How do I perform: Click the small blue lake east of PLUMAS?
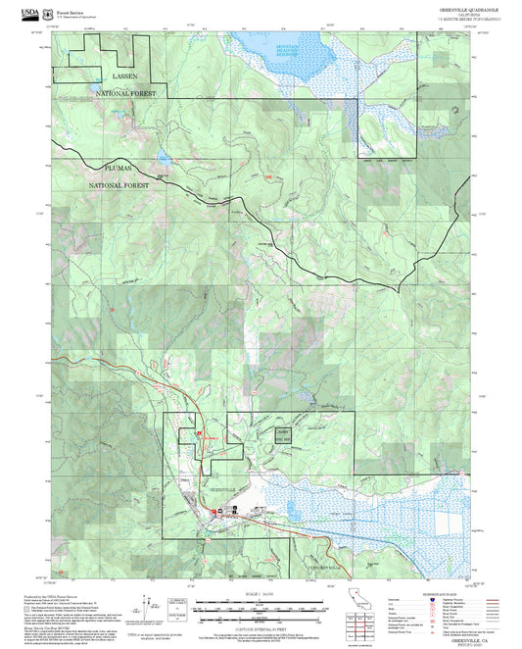pos(161,157)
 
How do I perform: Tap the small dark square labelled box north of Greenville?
pos(282,432)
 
